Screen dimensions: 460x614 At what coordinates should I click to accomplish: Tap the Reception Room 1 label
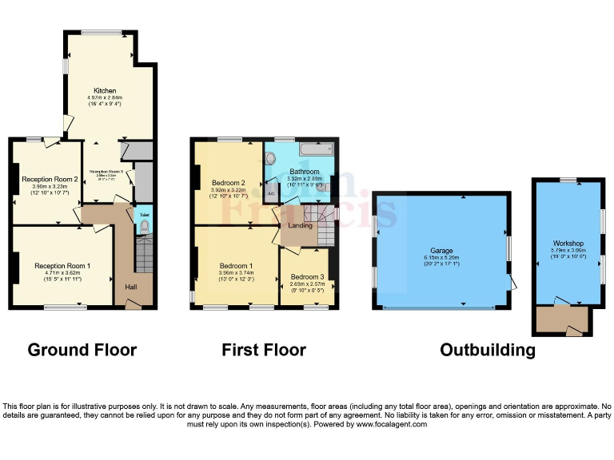click(x=62, y=265)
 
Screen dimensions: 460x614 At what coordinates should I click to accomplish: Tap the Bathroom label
click(x=305, y=172)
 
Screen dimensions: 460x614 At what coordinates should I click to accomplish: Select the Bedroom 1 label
click(x=236, y=265)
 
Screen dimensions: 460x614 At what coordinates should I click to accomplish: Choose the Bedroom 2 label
click(x=228, y=183)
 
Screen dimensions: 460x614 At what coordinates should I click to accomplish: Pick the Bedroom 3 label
click(x=306, y=276)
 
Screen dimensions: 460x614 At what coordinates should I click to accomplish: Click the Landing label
click(x=300, y=225)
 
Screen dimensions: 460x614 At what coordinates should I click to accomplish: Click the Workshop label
click(x=568, y=243)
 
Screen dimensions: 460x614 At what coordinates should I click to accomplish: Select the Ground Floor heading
click(x=82, y=350)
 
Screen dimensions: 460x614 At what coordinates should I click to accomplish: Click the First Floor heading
click(x=264, y=350)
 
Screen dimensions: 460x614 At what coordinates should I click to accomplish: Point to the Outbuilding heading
click(x=487, y=350)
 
